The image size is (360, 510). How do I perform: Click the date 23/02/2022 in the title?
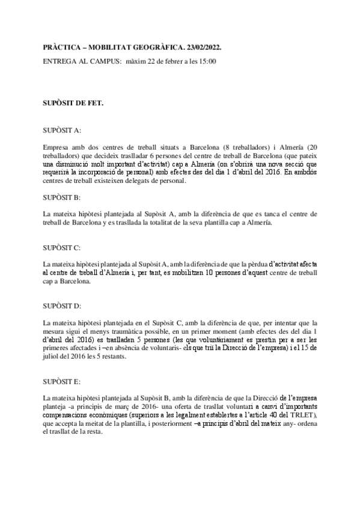pyautogui.click(x=202, y=46)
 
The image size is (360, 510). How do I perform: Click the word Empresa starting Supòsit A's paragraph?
pyautogui.click(x=56, y=146)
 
